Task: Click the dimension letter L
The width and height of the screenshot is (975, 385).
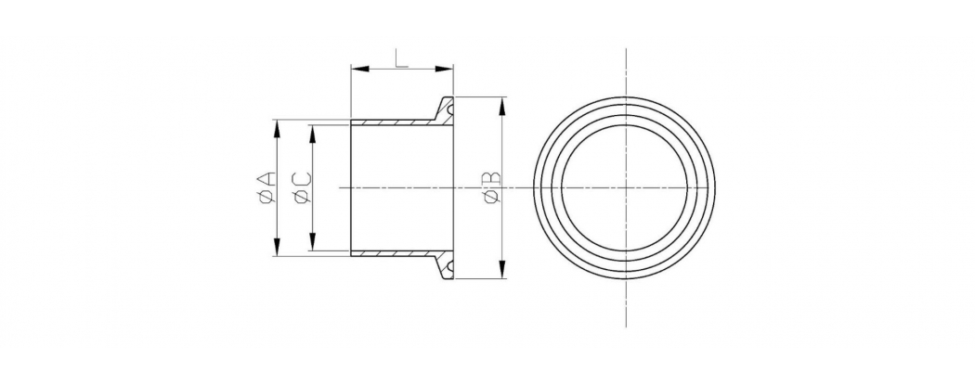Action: (x=402, y=58)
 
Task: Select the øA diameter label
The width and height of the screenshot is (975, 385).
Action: (x=265, y=187)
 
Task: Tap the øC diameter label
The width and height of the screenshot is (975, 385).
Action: (x=301, y=187)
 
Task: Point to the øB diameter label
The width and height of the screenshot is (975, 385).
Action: (x=491, y=187)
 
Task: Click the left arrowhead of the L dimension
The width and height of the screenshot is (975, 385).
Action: (x=360, y=69)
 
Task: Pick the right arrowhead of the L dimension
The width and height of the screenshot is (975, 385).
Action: (x=444, y=69)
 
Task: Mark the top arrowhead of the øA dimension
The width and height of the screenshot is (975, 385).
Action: (x=277, y=129)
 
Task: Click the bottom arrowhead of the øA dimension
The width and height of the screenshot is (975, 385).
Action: (x=277, y=247)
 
